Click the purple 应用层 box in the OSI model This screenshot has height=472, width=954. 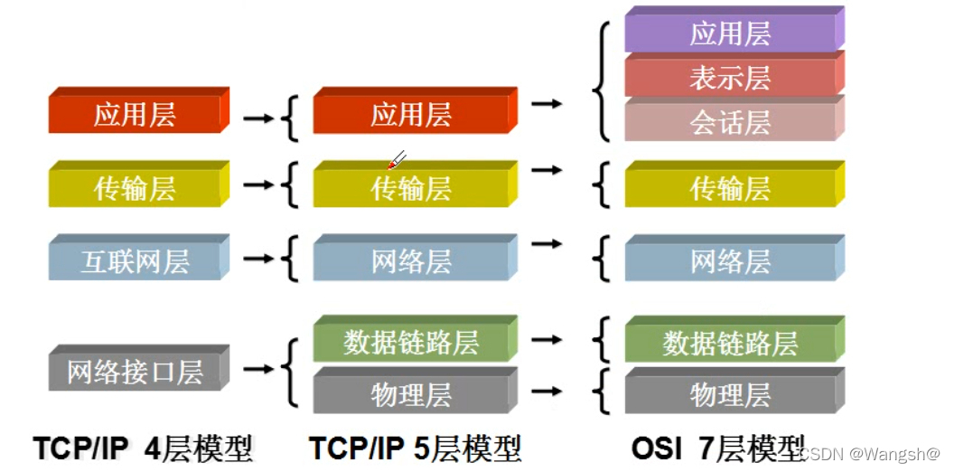(730, 34)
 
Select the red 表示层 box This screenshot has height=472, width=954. (730, 78)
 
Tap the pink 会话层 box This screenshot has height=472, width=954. (730, 122)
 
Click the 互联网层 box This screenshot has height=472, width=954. (135, 262)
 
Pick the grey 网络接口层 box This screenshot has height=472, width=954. (135, 372)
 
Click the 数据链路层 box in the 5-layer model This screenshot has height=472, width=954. (411, 343)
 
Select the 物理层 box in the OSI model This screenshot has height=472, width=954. (730, 395)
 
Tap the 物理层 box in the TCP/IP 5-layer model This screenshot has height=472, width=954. (411, 395)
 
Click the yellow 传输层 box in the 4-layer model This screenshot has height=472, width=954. (135, 188)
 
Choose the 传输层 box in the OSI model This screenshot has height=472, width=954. (730, 188)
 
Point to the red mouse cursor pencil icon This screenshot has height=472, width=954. (396, 161)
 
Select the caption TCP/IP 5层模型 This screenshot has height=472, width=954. (416, 448)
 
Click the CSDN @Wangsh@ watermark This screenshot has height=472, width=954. (871, 453)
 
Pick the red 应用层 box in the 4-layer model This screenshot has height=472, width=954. (135, 115)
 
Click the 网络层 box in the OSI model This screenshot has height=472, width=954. (730, 262)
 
